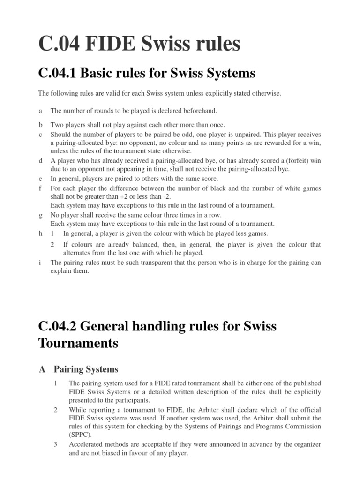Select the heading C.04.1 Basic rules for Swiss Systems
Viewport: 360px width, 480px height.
coord(147,73)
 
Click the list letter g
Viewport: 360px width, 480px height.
coord(40,215)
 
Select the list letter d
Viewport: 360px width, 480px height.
coord(40,160)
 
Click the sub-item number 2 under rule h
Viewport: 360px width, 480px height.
coord(52,244)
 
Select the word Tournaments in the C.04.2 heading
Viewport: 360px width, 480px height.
coord(78,343)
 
